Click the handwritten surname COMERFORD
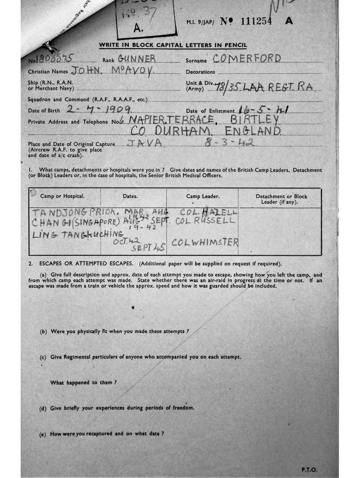coord(247,58)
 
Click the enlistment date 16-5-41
coord(263,110)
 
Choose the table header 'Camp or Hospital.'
coord(62,197)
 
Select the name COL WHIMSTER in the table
coord(205,242)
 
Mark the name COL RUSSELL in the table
coord(206,221)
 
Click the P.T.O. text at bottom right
coord(310,469)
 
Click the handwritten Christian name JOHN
coord(86,71)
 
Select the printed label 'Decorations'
coord(201,72)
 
